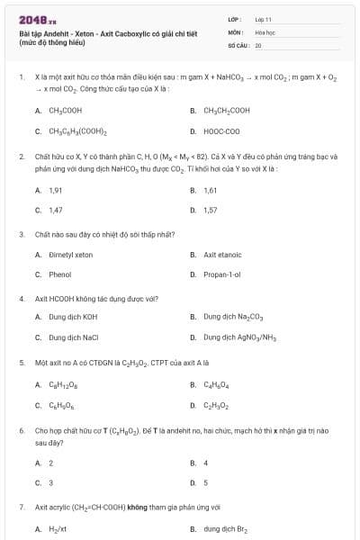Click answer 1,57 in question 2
[211, 210]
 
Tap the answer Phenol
[60, 274]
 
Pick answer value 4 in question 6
[206, 463]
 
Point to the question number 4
[21, 298]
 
